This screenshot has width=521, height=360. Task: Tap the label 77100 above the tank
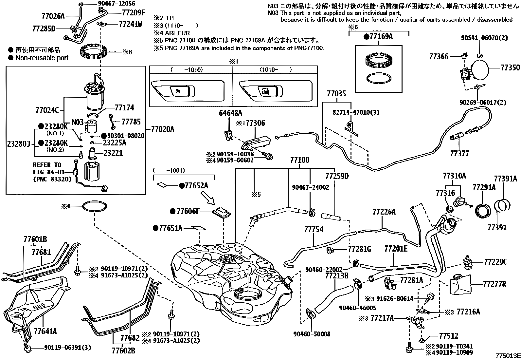[x=299, y=161]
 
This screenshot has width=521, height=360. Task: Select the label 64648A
[x=230, y=113]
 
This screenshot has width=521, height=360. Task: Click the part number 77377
[x=459, y=153]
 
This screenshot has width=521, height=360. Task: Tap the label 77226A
[x=384, y=212]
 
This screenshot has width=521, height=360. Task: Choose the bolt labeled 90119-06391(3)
[x=27, y=348]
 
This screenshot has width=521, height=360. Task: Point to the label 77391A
[x=505, y=179]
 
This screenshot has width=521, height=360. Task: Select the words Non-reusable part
[x=42, y=58]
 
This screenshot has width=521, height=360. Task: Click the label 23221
[x=113, y=153]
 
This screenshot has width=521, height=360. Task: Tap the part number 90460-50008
[x=312, y=334]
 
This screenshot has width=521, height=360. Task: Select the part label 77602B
[x=123, y=351]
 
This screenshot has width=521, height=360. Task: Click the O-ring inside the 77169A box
[x=379, y=78]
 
